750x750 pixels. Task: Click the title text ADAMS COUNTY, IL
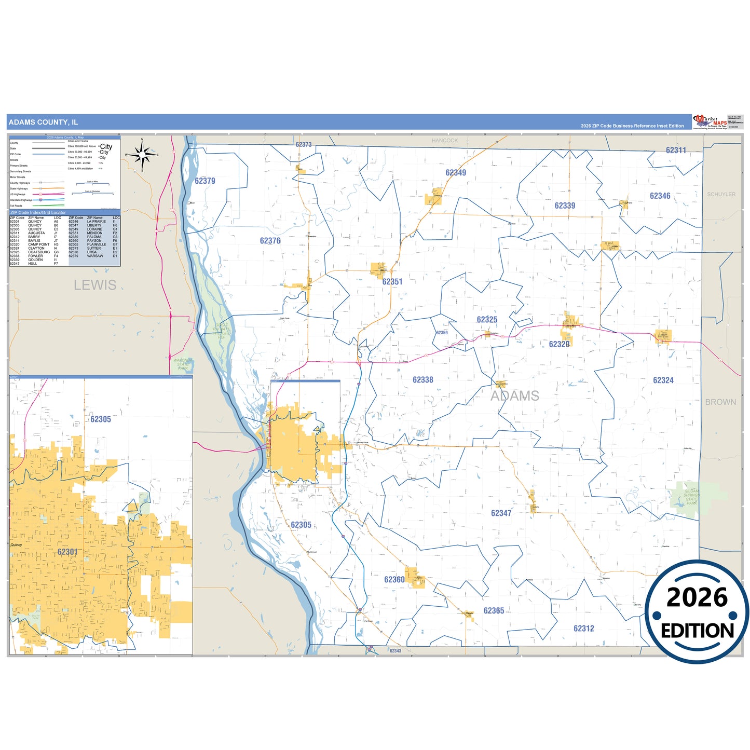point(43,122)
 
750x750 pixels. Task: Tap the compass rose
point(142,155)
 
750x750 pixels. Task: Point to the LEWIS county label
point(95,285)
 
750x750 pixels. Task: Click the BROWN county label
point(720,402)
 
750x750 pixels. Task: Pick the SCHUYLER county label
point(721,194)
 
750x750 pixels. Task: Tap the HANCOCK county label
point(445,141)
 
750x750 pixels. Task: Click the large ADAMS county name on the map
point(515,396)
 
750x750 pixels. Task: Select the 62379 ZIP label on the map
point(205,181)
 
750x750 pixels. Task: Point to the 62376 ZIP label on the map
point(270,241)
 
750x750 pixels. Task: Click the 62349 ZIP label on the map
point(456,173)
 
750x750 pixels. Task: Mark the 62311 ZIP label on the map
point(676,151)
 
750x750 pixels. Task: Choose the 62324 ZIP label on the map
point(663,380)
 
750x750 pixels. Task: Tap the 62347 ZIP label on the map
point(501,513)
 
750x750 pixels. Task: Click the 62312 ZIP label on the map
point(584,629)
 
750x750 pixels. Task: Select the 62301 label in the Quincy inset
point(67,552)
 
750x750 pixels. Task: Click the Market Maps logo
point(710,122)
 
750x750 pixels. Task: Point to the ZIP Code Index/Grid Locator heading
point(38,213)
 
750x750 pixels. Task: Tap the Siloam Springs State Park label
point(691,497)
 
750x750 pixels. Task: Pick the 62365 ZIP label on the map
point(494,611)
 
